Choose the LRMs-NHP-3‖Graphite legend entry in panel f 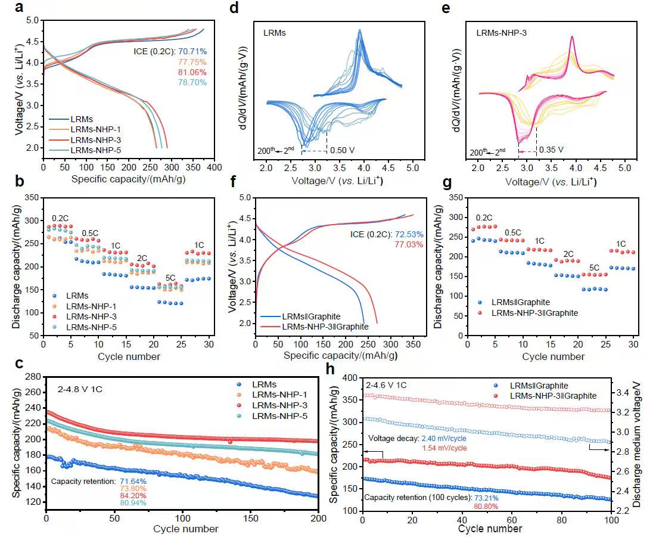point(327,326)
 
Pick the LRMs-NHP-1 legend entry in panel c point(281,395)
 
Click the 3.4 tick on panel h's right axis point(627,393)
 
